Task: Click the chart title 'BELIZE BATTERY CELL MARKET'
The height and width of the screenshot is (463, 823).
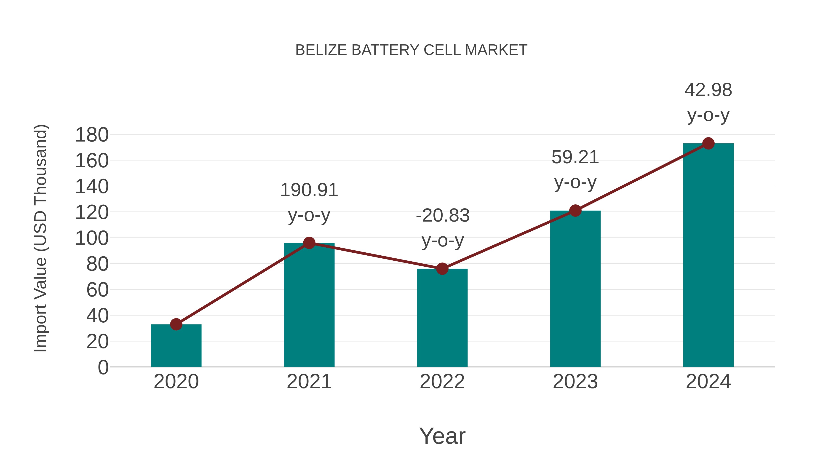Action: tap(411, 50)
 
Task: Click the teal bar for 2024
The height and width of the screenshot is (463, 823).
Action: tap(708, 255)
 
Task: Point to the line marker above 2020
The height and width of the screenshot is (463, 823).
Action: tap(176, 324)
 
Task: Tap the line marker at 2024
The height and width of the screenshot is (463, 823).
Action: tap(708, 143)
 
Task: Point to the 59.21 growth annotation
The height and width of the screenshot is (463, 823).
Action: tap(575, 170)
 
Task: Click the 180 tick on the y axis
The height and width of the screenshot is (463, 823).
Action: tap(92, 135)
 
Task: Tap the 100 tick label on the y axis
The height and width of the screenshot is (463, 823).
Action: tap(92, 238)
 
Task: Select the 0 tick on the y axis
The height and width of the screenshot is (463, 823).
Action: tap(103, 367)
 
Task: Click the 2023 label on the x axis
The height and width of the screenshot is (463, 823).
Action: tap(575, 382)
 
